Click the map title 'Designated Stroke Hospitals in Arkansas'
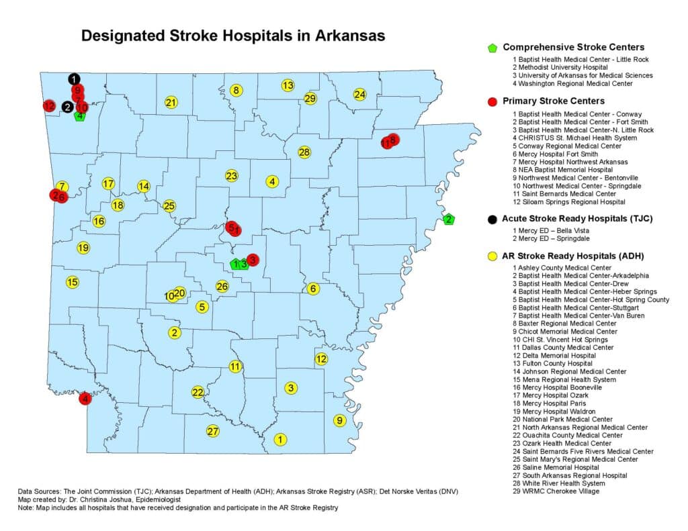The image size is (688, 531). [232, 36]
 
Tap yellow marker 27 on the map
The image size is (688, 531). [213, 431]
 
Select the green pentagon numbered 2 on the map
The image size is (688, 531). [449, 219]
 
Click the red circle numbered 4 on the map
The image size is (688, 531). [85, 399]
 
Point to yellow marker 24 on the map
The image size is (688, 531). [360, 94]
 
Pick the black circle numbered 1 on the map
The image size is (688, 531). [74, 79]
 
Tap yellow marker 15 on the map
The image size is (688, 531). [72, 282]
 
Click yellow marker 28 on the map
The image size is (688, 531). [304, 152]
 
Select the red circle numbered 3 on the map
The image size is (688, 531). [253, 260]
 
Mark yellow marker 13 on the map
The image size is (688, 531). [288, 85]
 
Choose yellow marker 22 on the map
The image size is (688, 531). [198, 392]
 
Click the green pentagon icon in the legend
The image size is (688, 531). [492, 48]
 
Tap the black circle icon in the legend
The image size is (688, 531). [492, 219]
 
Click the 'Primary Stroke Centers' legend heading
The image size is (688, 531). [554, 101]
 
